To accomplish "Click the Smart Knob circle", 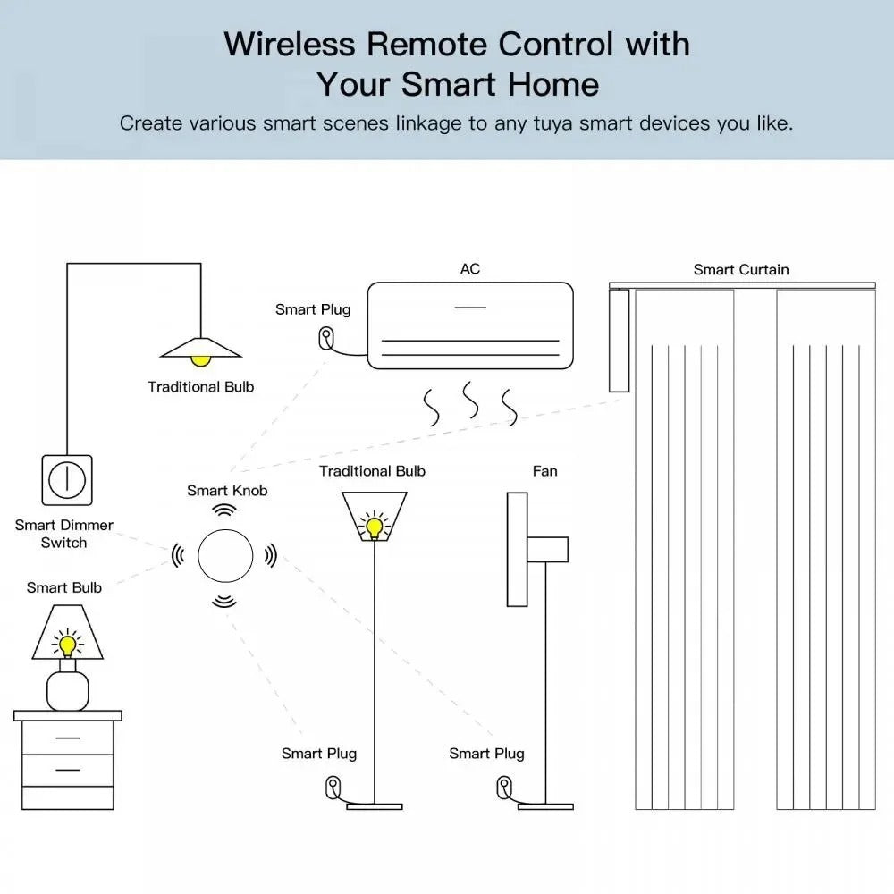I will coord(224,555).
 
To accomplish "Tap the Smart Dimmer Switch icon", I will coord(66,480).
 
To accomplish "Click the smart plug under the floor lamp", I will coord(333,788).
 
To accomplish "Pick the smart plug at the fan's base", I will coord(502,788).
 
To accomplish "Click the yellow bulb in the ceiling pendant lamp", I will coord(201,359).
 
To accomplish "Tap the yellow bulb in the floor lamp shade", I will coord(374,526).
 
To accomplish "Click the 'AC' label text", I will coord(469,268).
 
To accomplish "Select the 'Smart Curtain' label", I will coord(741,269).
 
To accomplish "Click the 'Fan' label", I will coord(544,471).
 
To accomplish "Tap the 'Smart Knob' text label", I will coord(227,490).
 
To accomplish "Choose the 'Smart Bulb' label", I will coord(64,587).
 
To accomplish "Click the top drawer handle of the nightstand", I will coord(67,738).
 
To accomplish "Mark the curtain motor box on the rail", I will coord(619,340).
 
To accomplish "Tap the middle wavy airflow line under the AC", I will coord(469,401).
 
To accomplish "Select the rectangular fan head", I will coord(517,549).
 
